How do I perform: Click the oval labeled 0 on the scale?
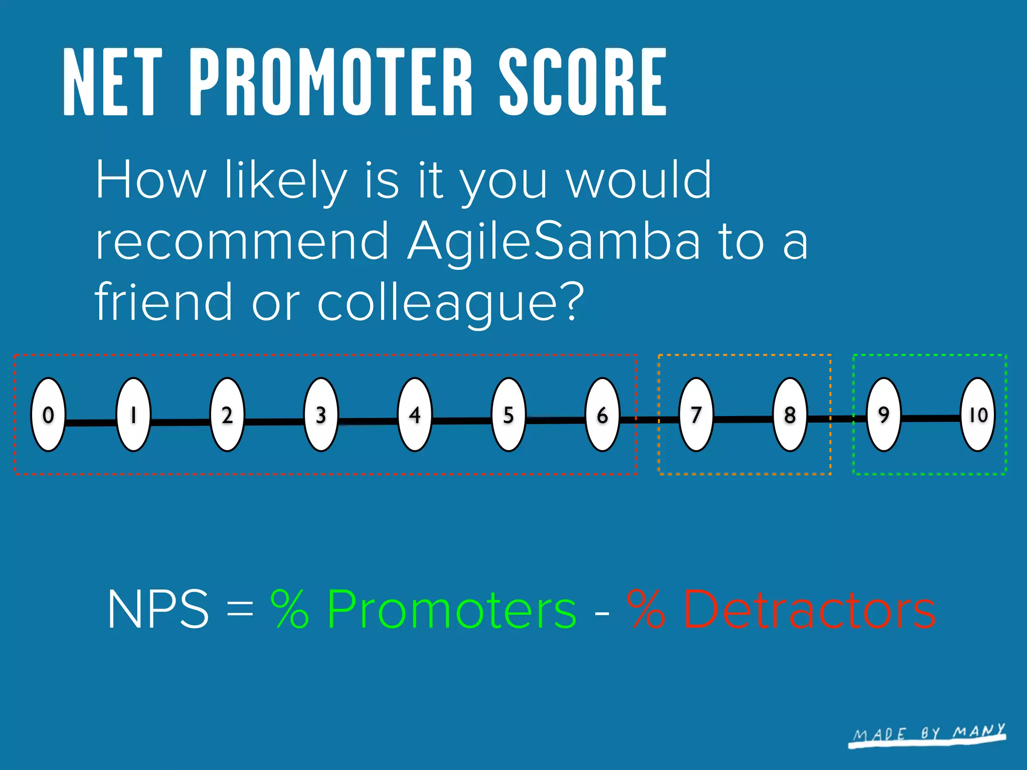[x=48, y=415]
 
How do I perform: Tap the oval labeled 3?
[x=321, y=415]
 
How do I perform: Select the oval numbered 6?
[x=602, y=415]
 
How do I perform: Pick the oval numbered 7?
[x=696, y=415]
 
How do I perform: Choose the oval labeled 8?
[x=790, y=415]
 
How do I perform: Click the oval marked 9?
[x=884, y=415]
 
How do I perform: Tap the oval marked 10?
[x=977, y=415]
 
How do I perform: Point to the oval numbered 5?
[x=508, y=415]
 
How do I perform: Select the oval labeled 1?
[x=133, y=415]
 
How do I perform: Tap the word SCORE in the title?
[x=583, y=83]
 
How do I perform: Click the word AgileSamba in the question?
[x=553, y=242]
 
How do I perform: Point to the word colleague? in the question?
[x=451, y=302]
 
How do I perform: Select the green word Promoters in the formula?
[x=452, y=609]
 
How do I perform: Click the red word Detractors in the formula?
[x=809, y=609]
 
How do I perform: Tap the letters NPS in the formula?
[x=158, y=609]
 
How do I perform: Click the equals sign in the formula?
[x=240, y=610]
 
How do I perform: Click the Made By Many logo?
[x=928, y=735]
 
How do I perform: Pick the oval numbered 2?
[x=227, y=415]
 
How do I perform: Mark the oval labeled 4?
[x=415, y=415]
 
